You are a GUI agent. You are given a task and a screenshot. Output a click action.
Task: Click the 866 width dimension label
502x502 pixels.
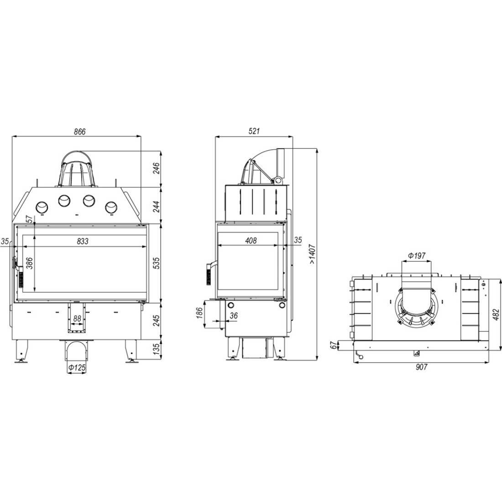tap(80, 131)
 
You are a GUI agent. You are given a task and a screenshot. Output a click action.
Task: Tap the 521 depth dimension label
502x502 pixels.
tap(254, 131)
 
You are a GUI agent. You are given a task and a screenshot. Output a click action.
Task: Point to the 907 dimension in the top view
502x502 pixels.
tap(421, 367)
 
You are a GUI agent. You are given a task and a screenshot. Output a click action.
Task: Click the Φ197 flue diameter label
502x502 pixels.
tap(417, 256)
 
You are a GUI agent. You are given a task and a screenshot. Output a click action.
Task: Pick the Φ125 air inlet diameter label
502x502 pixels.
tap(77, 367)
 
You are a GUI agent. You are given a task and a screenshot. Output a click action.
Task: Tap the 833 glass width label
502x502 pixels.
tap(83, 241)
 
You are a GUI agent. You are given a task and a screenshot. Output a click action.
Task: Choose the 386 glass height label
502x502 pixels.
tap(30, 263)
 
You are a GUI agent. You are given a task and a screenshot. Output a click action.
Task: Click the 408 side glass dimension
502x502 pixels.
tap(251, 241)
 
